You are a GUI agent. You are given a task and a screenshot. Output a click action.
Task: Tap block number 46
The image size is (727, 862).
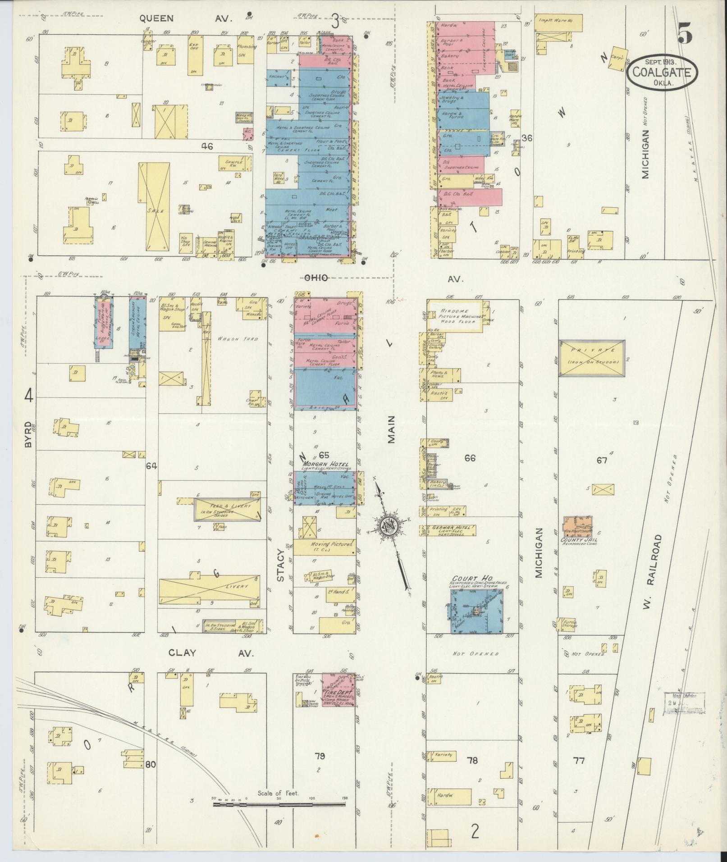pos(207,146)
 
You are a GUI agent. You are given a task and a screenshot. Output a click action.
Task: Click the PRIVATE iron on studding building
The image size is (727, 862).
pos(591,358)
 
